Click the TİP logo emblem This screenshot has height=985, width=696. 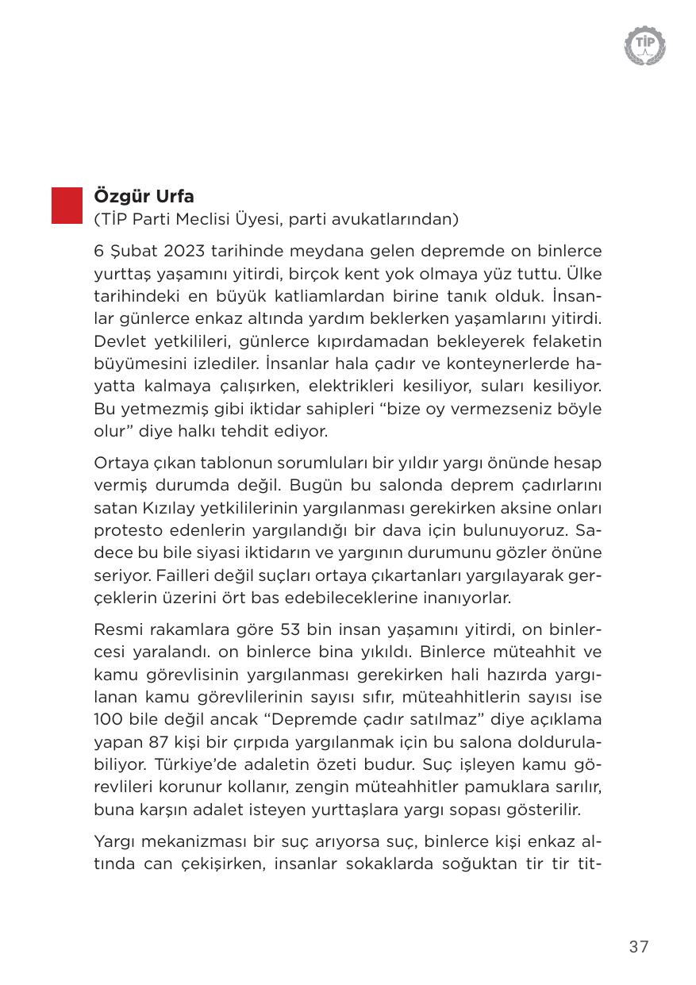pyautogui.click(x=644, y=44)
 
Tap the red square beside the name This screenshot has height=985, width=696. pyautogui.click(x=67, y=206)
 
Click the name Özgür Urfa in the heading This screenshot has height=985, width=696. pyautogui.click(x=144, y=196)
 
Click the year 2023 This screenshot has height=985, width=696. pyautogui.click(x=186, y=252)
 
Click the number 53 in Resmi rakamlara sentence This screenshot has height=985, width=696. pyautogui.click(x=292, y=629)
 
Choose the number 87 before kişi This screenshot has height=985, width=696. pyautogui.click(x=162, y=742)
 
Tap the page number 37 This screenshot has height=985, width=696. pyautogui.click(x=639, y=947)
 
